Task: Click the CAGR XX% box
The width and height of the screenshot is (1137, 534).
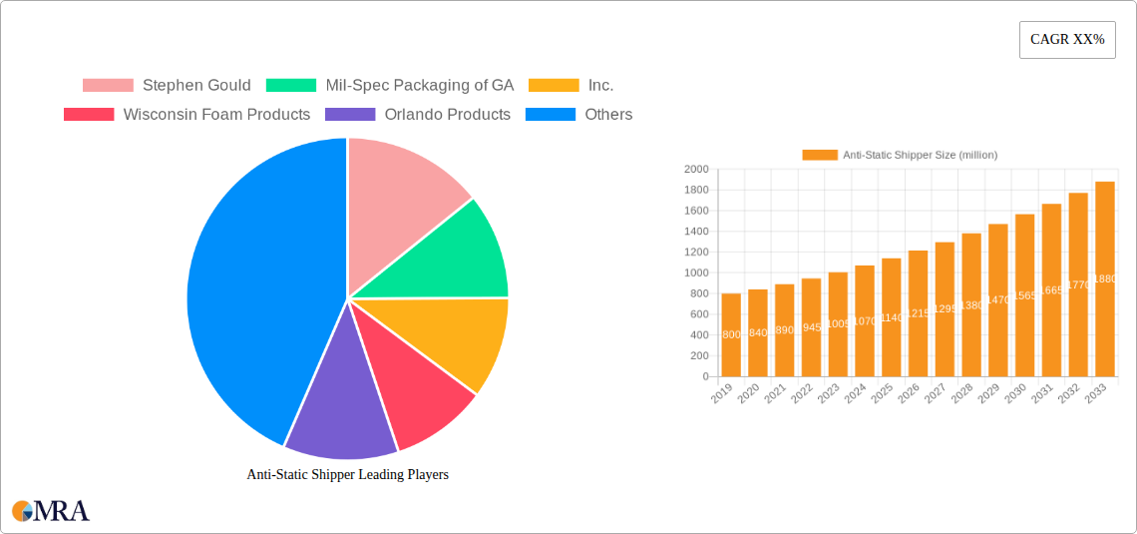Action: pyautogui.click(x=1066, y=40)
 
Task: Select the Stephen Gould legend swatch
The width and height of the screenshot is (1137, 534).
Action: pyautogui.click(x=108, y=86)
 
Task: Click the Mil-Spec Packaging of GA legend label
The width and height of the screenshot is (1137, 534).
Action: pyautogui.click(x=420, y=86)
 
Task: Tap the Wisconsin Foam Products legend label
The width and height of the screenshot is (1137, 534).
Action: pyautogui.click(x=216, y=115)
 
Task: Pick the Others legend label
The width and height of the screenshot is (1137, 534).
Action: pyautogui.click(x=608, y=115)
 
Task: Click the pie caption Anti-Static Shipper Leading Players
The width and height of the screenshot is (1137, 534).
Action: pyautogui.click(x=347, y=475)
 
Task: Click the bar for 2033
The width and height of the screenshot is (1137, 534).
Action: pyautogui.click(x=1104, y=279)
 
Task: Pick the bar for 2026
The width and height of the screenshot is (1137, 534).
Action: pyautogui.click(x=918, y=313)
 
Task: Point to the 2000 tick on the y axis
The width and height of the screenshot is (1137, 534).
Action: pyautogui.click(x=696, y=170)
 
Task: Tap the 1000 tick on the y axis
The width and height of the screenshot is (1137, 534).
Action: pyautogui.click(x=696, y=273)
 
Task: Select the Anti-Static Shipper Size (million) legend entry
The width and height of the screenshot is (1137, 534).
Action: pyautogui.click(x=900, y=155)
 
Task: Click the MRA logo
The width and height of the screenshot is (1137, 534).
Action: pyautogui.click(x=51, y=511)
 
